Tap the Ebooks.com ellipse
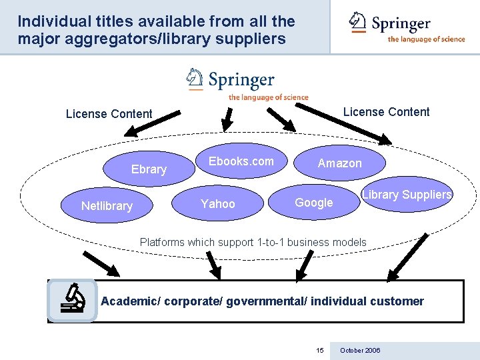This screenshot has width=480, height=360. (241, 161)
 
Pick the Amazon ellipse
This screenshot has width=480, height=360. (339, 163)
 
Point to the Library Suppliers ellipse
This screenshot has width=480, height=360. (407, 195)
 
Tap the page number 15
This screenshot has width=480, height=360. (320, 351)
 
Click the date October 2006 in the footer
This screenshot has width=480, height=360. (360, 351)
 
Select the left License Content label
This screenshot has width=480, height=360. (109, 114)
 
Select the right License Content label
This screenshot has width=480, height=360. (387, 112)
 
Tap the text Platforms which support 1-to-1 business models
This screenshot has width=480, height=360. (253, 242)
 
